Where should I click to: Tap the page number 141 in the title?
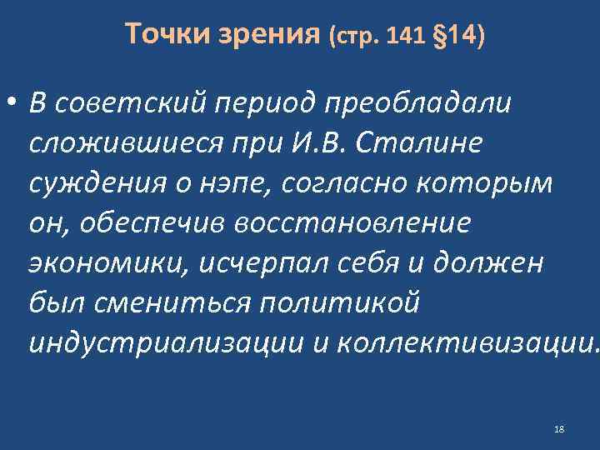pos(409,37)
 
